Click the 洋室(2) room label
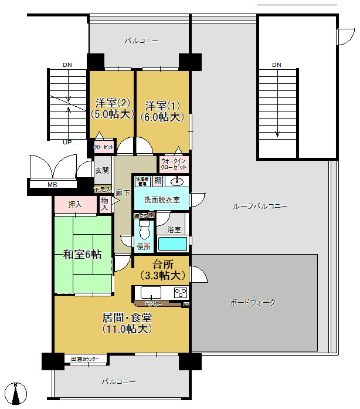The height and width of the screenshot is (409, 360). click(111, 109)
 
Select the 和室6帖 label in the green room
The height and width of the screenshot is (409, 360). click(82, 254)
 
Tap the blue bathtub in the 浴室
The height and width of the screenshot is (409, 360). click(172, 244)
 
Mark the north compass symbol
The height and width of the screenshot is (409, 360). click(16, 393)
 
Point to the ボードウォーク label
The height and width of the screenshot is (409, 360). click(253, 303)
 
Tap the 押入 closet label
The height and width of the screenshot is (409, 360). click(74, 204)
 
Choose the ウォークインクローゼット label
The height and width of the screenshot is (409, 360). click(174, 163)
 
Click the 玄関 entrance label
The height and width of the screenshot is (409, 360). click(102, 171)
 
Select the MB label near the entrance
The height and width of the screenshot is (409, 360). click(52, 185)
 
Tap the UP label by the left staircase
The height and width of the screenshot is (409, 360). click(68, 142)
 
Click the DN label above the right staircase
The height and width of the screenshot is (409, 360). click(277, 64)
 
